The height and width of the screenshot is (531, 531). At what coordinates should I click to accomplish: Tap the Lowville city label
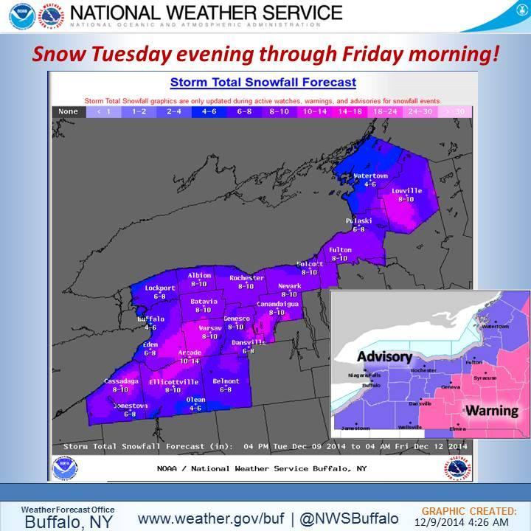coord(410,191)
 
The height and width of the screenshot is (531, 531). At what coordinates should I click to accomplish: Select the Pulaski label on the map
coord(359,221)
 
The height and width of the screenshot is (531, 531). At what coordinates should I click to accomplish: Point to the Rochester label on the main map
coord(246,278)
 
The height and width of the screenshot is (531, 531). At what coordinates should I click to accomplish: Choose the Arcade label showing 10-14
coord(190,353)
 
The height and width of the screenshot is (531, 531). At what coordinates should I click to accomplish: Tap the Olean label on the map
coord(195,399)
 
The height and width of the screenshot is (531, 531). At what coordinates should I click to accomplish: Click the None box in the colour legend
coord(68,111)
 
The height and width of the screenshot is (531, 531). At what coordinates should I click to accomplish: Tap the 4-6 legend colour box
coord(209,111)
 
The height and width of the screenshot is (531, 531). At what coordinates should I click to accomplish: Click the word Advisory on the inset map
coord(383,357)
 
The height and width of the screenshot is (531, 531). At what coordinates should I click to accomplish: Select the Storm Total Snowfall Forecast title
coord(263,83)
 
